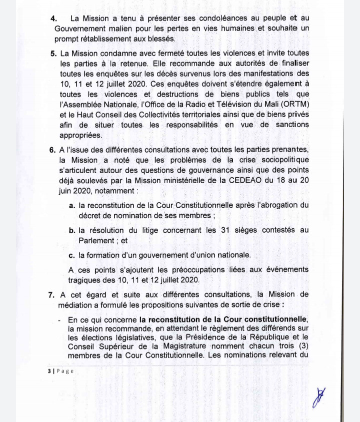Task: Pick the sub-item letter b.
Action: pyautogui.click(x=72, y=230)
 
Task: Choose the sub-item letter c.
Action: pyautogui.click(x=72, y=255)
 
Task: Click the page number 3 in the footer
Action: pyautogui.click(x=49, y=371)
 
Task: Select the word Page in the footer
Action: pyautogui.click(x=65, y=371)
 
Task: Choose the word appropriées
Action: pyautogui.click(x=81, y=135)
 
